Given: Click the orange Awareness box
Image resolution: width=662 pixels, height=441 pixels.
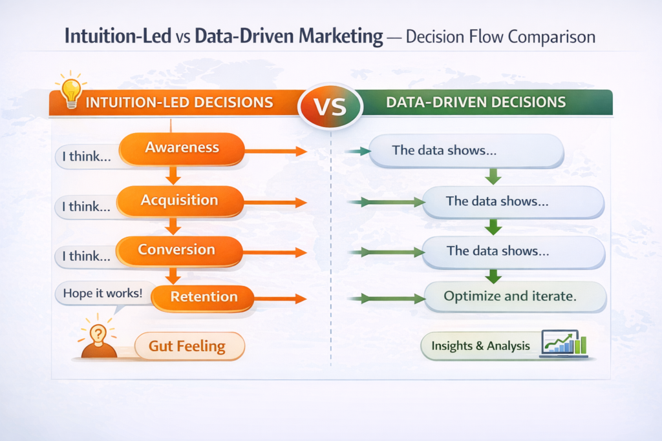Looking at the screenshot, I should coord(182,148).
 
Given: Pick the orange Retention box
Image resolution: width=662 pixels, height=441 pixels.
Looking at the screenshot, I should coord(202,298).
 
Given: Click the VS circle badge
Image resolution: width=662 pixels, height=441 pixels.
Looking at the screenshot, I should coord(331,105).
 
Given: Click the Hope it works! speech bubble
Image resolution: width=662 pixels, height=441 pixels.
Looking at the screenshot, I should coord(102,293).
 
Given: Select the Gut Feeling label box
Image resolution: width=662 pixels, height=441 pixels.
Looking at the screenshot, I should coord(187,346).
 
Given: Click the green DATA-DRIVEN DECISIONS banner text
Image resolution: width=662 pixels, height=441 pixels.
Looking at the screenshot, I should coord(475,102).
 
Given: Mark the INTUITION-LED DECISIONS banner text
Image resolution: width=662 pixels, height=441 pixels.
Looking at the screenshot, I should coord(179,102).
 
